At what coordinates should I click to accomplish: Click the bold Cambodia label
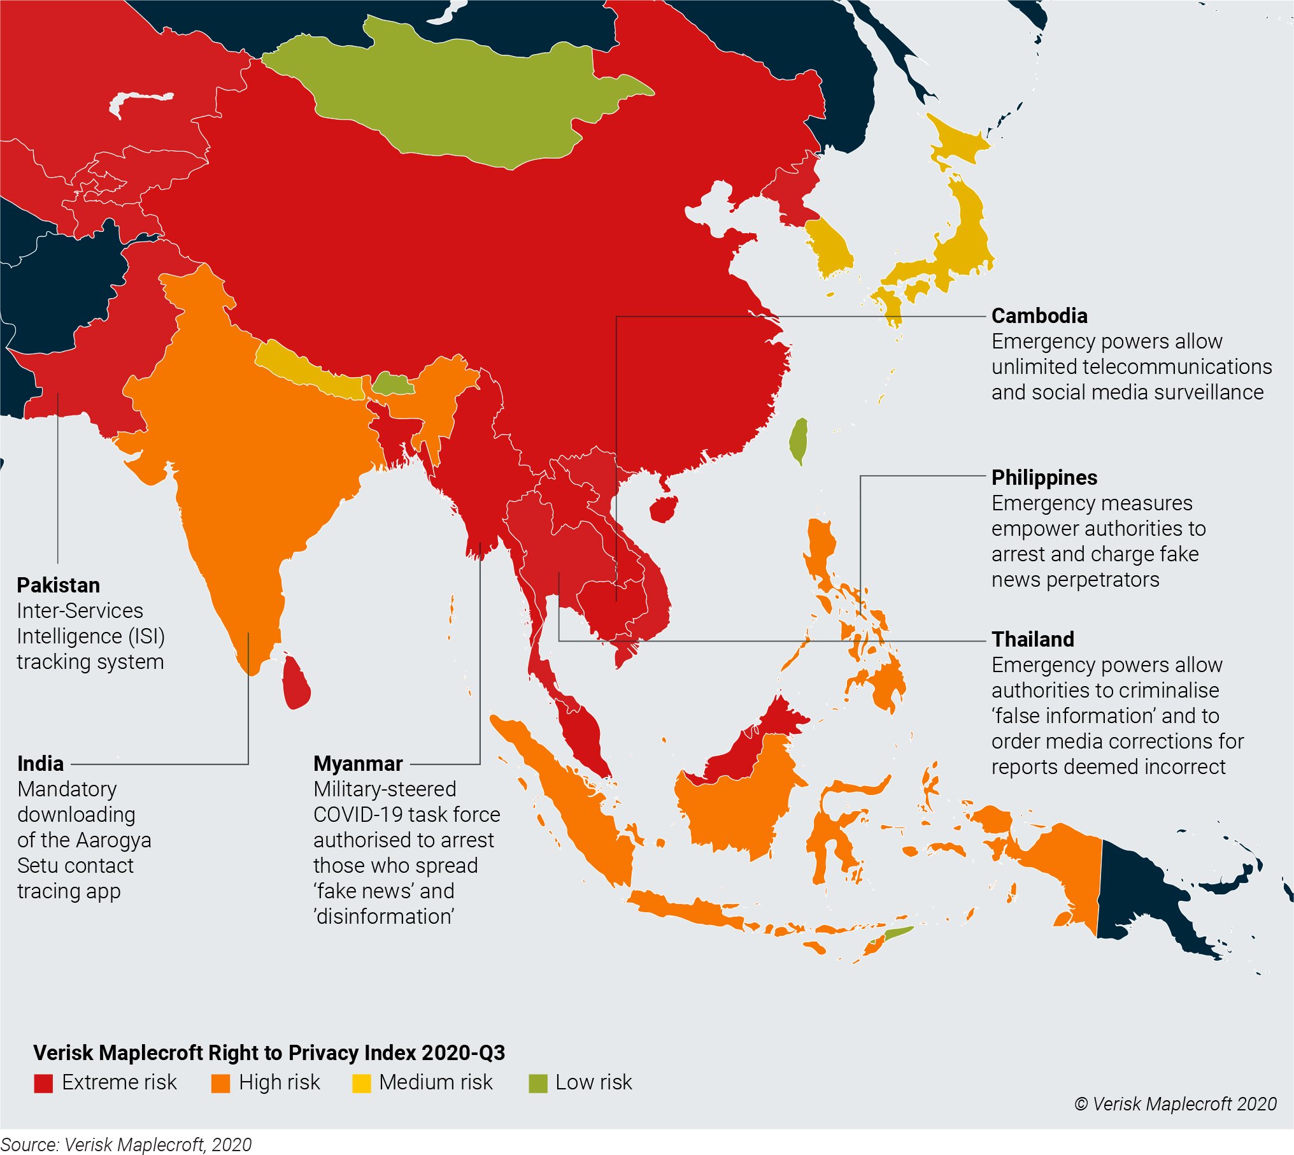pyautogui.click(x=1039, y=316)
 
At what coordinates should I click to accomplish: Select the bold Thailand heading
pyautogui.click(x=1033, y=639)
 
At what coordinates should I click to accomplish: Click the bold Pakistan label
pyautogui.click(x=58, y=585)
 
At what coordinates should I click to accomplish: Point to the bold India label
pyautogui.click(x=40, y=763)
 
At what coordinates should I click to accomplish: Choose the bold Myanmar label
pyautogui.click(x=358, y=763)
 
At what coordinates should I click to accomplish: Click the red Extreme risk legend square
pyautogui.click(x=43, y=1083)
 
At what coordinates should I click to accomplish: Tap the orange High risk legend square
pyautogui.click(x=220, y=1083)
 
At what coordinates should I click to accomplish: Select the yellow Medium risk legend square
pyautogui.click(x=361, y=1083)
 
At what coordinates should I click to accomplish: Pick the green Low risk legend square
pyautogui.click(x=538, y=1083)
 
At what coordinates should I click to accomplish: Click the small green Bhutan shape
pyautogui.click(x=391, y=384)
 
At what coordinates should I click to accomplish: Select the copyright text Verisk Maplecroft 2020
pyautogui.click(x=1176, y=1104)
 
